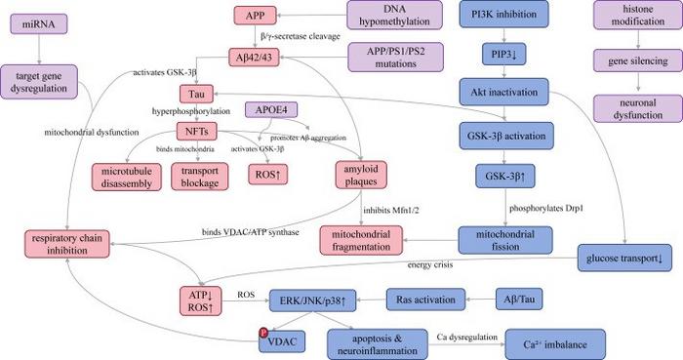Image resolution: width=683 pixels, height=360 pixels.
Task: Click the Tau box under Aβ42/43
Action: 196,94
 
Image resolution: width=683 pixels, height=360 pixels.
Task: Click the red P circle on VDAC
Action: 261,333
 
